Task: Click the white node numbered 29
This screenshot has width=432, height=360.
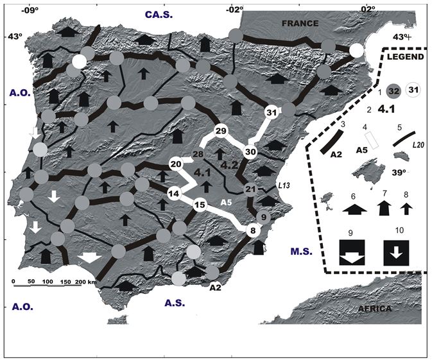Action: [x=221, y=132]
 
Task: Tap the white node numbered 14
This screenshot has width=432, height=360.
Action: [x=173, y=193]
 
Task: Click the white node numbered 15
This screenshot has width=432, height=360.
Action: [x=200, y=205]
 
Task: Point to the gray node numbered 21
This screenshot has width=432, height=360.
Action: [x=250, y=189]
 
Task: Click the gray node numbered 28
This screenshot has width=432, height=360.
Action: [x=198, y=155]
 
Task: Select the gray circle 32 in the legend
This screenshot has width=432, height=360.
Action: [x=395, y=92]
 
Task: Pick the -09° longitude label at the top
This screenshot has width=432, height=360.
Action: [x=30, y=10]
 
